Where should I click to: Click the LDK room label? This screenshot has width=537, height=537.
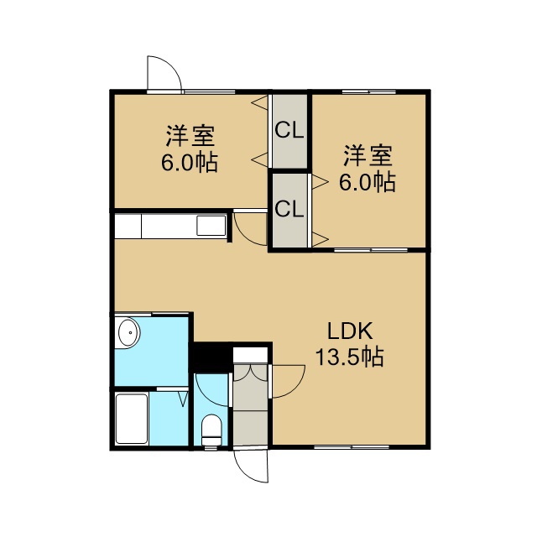pyautogui.click(x=350, y=331)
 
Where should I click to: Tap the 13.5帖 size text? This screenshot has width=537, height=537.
pyautogui.click(x=349, y=357)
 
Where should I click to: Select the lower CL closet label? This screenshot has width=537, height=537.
pyautogui.click(x=289, y=209)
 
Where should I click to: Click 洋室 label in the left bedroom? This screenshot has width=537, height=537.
pyautogui.click(x=190, y=136)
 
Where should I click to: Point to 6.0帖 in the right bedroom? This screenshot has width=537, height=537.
pyautogui.click(x=368, y=182)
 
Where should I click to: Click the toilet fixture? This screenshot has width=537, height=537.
pyautogui.click(x=211, y=430)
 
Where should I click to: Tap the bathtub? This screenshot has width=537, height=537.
pyautogui.click(x=132, y=419)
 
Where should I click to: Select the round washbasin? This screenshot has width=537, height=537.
pyautogui.click(x=129, y=332)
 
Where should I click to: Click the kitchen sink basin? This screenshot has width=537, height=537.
pyautogui.click(x=211, y=226)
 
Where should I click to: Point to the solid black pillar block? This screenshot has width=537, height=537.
pyautogui.click(x=211, y=357)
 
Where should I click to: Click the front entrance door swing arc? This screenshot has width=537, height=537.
pyautogui.click(x=247, y=470)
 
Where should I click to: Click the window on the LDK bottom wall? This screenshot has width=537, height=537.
pyautogui.click(x=352, y=447)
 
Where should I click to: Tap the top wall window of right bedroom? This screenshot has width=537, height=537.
pyautogui.click(x=369, y=91)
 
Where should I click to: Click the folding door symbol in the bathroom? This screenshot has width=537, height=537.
pyautogui.click(x=184, y=399)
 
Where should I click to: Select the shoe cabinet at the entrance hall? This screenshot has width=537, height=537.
pyautogui.click(x=250, y=354)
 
